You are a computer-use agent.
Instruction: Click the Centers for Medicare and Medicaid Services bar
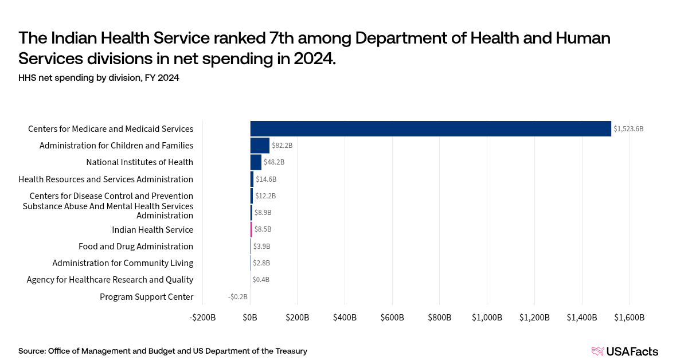click(x=430, y=128)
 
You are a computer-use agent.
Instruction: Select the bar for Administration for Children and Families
click(x=260, y=146)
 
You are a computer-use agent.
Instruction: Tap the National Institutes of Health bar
click(x=256, y=162)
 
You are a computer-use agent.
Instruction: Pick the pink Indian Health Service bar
click(x=251, y=229)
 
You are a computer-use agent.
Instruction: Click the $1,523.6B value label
click(x=628, y=129)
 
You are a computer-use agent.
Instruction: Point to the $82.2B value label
click(x=282, y=146)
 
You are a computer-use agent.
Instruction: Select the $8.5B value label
click(x=263, y=229)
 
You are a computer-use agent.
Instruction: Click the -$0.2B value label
click(x=237, y=297)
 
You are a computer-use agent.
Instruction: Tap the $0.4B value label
click(x=261, y=280)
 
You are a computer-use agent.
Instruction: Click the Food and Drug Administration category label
click(x=136, y=246)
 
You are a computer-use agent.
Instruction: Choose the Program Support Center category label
click(x=146, y=297)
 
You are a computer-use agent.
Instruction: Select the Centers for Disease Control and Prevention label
click(x=111, y=196)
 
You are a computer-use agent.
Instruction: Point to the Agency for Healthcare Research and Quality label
click(x=110, y=280)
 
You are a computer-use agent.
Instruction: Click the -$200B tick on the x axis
click(x=203, y=318)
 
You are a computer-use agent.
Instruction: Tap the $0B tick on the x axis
click(x=251, y=318)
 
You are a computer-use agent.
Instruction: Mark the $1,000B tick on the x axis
click(x=487, y=318)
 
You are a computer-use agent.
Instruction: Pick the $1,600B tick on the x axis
click(x=629, y=318)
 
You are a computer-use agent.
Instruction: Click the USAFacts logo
click(x=624, y=351)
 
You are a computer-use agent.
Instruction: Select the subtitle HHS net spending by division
click(x=99, y=78)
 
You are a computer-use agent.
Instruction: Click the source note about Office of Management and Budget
click(x=163, y=351)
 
